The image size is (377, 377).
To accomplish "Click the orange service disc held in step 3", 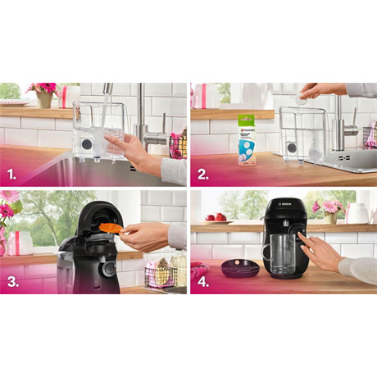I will (x=110, y=228).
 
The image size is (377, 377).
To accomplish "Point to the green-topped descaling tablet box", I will (x=247, y=138).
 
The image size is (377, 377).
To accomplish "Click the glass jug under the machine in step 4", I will (x=282, y=252).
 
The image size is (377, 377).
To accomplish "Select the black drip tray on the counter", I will (x=239, y=267).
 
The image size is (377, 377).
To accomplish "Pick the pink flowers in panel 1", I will (x=42, y=89).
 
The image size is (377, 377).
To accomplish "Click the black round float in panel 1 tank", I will (x=88, y=143).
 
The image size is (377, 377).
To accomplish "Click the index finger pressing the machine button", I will (x=302, y=236).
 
